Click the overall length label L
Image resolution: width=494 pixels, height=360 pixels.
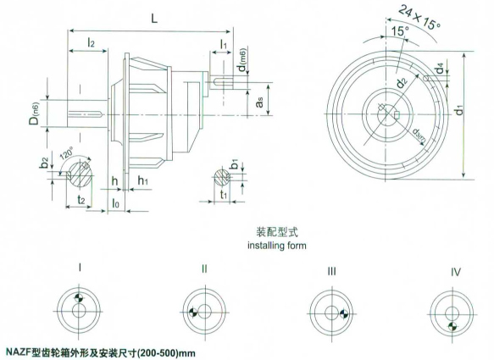click(x=153, y=19)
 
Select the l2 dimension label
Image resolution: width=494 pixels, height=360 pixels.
click(x=91, y=42)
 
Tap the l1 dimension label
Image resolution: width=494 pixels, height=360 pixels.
click(x=223, y=44)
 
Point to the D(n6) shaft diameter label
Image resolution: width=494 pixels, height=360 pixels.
click(x=35, y=113)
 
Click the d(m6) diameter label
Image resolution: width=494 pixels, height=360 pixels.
click(x=242, y=59)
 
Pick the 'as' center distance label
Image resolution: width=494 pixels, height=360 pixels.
click(x=259, y=102)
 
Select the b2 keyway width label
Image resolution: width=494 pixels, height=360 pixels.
click(x=44, y=162)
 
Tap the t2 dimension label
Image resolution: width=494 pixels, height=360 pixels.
click(x=81, y=199)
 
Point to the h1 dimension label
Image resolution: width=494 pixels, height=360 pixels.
click(x=143, y=180)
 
